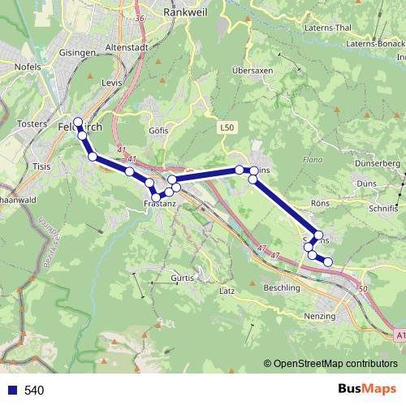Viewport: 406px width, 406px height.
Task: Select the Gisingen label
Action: click(x=77, y=52)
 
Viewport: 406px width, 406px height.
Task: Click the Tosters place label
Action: click(x=32, y=124)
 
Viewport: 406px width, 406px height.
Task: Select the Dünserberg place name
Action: click(x=378, y=164)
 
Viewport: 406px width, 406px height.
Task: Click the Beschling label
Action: click(x=282, y=287)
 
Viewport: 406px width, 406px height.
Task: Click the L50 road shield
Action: click(x=226, y=128)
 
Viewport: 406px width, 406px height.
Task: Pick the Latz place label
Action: click(x=227, y=290)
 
